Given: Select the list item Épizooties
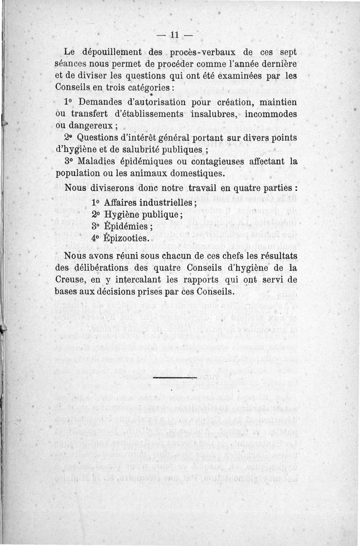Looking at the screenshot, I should tap(126, 238).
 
